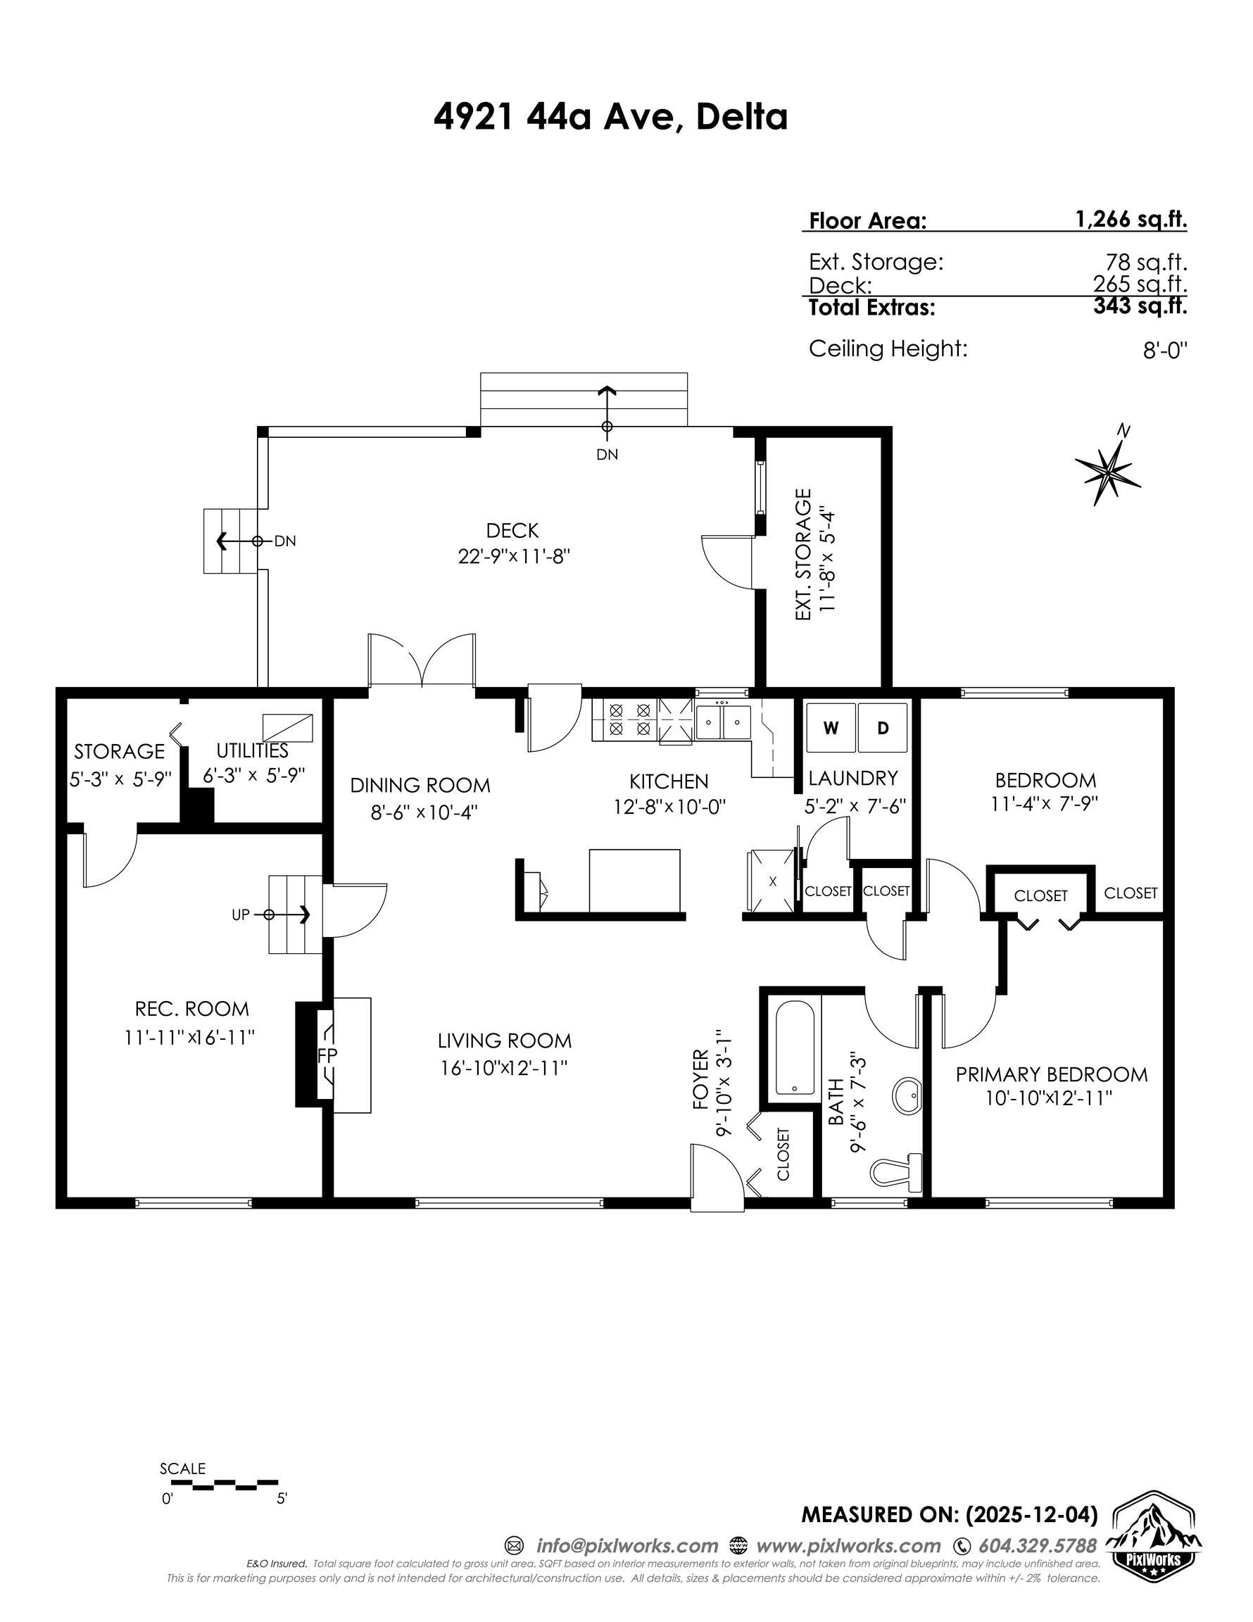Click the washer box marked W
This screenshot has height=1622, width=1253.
(x=831, y=729)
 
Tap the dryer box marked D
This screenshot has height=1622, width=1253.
(x=882, y=729)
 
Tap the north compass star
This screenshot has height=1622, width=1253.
(x=1108, y=469)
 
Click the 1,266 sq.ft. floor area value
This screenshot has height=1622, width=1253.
(x=1131, y=219)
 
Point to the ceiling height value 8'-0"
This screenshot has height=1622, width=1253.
(x=1164, y=351)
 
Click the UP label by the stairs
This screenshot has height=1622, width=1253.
(x=240, y=915)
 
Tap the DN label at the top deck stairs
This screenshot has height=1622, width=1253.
(x=607, y=455)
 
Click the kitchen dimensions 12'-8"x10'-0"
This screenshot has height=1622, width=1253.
(x=669, y=807)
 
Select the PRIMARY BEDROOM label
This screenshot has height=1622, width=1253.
(x=1051, y=1075)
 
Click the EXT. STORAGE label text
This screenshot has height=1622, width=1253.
(x=803, y=554)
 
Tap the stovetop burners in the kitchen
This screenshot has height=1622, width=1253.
(x=629, y=719)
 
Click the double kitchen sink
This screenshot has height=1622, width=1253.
(x=723, y=721)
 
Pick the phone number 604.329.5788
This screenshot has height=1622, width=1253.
(x=1037, y=1546)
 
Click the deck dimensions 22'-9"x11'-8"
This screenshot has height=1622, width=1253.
(x=513, y=556)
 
